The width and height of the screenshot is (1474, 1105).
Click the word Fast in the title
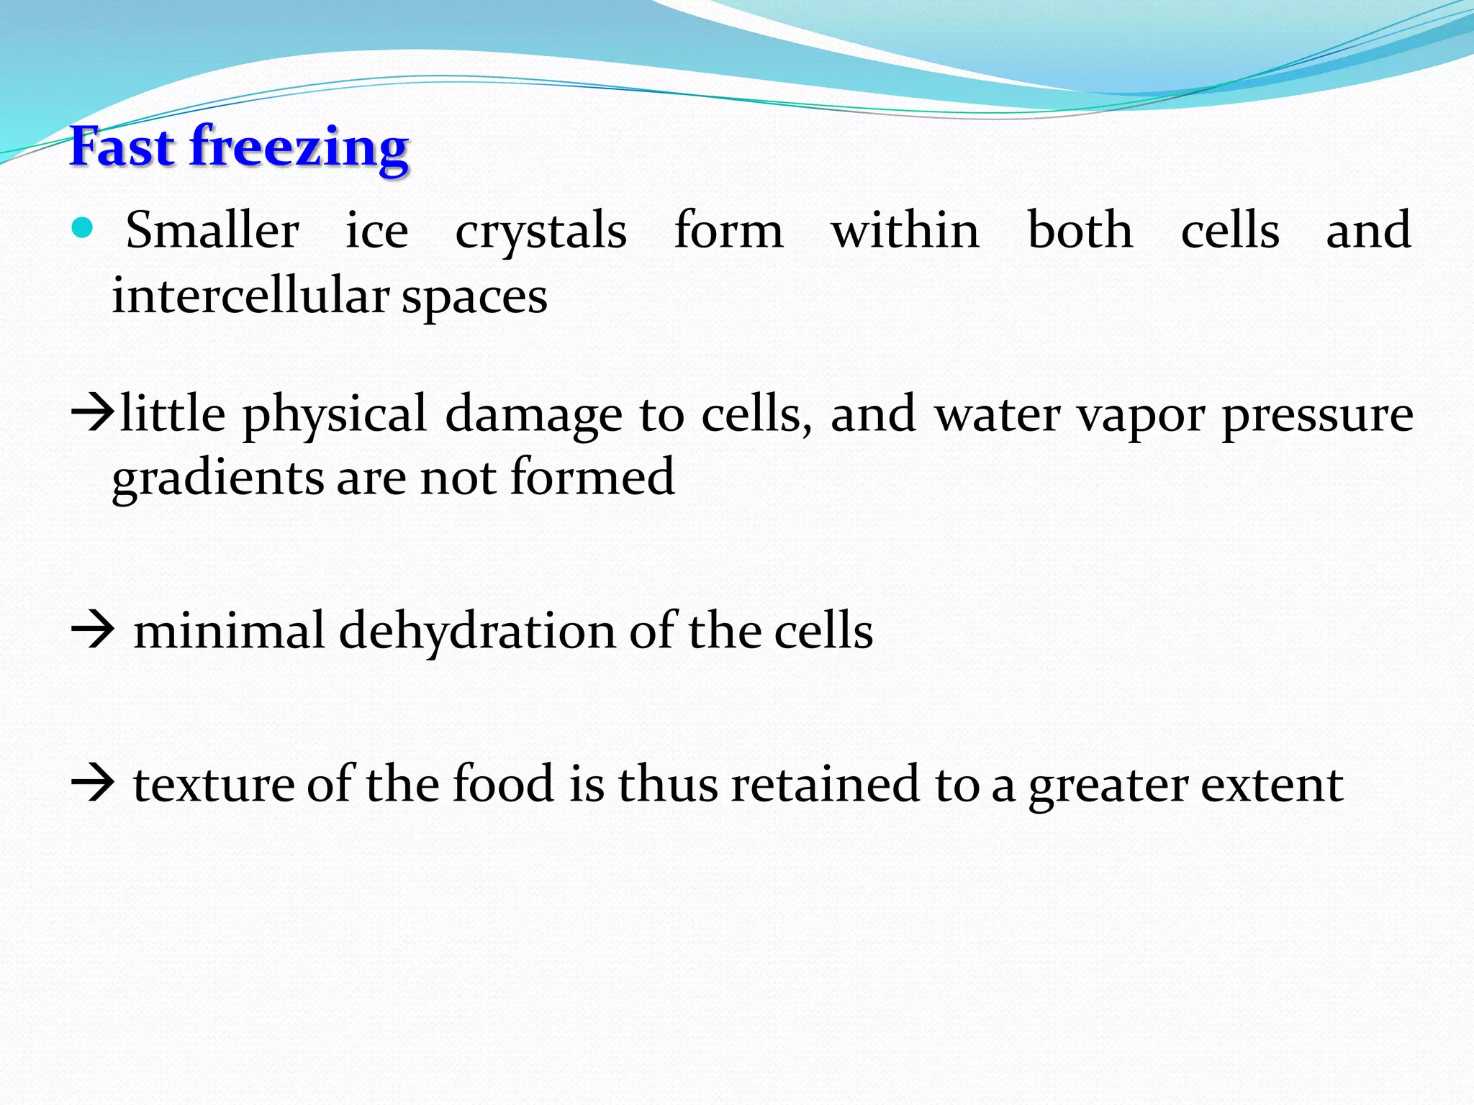tap(122, 147)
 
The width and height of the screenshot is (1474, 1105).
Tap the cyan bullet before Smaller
tap(83, 229)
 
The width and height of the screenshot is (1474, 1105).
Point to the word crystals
tap(541, 232)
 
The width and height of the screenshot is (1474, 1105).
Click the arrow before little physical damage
tap(93, 413)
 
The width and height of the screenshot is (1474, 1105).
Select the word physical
tap(335, 415)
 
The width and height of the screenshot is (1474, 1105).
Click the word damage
tap(533, 415)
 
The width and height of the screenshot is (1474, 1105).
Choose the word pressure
tap(1317, 415)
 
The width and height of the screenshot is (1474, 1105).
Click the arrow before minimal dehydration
tap(93, 631)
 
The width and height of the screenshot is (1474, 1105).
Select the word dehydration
tap(476, 631)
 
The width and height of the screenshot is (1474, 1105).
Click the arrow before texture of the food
tap(93, 783)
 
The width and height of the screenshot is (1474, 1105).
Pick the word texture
tap(214, 784)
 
